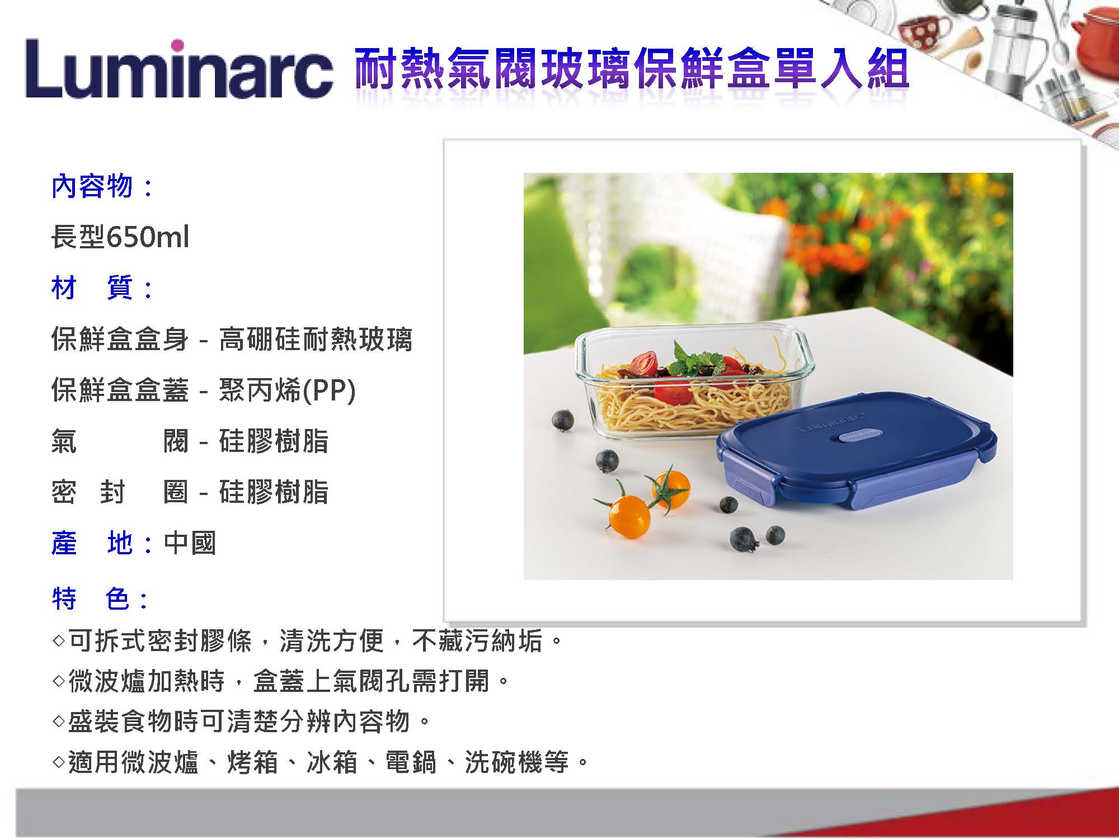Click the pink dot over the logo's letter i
coord(178,45)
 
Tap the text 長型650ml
coord(120,237)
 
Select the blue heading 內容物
coord(92,186)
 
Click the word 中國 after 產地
coord(190,543)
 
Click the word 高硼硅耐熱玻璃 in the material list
coord(316,339)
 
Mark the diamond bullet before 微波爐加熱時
coord(59,681)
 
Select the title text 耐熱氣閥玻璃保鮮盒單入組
coord(632,68)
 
